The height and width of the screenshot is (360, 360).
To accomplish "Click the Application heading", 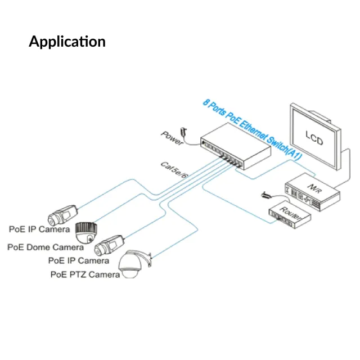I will (x=67, y=42).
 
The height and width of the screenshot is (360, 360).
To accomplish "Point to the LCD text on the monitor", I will (x=314, y=136).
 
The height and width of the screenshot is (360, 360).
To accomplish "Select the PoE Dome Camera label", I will (x=46, y=247).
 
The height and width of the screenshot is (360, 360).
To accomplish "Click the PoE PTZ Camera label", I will (x=85, y=274).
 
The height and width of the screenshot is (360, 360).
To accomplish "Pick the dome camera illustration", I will (x=87, y=232).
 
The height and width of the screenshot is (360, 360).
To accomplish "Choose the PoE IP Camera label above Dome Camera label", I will (x=39, y=229).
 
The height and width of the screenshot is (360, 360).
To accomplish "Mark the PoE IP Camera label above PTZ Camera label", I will (x=79, y=261).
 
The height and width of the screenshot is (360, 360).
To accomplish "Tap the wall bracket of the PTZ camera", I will (x=147, y=260).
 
